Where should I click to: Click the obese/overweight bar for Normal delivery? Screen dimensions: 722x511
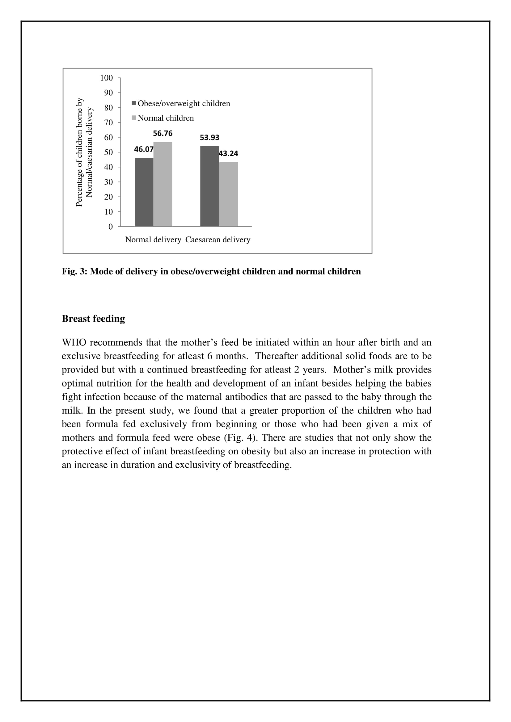[x=144, y=192]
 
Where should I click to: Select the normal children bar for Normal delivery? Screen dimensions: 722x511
[x=163, y=184]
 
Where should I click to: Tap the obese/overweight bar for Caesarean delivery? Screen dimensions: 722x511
[x=209, y=186]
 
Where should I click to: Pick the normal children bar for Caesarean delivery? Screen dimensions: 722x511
[x=228, y=194]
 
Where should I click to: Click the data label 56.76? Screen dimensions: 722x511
[x=163, y=133]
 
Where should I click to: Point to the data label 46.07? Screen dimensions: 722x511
[x=144, y=149]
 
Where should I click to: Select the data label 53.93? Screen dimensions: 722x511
[x=209, y=137]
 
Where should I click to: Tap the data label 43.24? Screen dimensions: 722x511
[x=228, y=153]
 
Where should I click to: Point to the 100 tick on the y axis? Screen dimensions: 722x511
[x=106, y=78]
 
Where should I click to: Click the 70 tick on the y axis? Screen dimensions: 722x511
[x=108, y=123]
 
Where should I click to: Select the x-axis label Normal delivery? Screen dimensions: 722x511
[x=153, y=240]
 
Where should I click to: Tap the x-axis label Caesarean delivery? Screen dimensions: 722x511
[x=218, y=240]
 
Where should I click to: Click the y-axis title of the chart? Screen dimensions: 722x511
[x=84, y=152]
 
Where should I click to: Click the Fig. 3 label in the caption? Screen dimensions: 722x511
[x=74, y=271]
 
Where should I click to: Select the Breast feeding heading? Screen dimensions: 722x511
[x=93, y=319]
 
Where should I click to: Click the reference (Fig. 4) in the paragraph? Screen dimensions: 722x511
[x=242, y=437]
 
